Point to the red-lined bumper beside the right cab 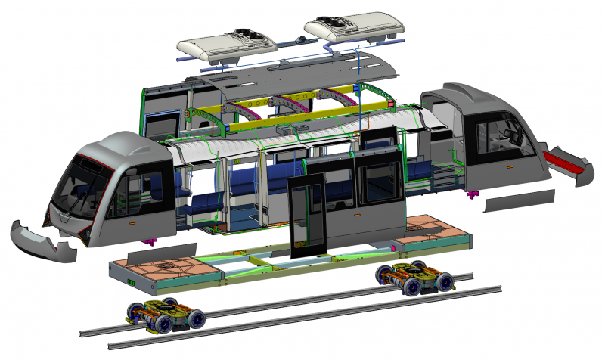click(569, 163)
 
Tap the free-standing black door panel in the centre click(307, 216)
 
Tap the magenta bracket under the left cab click(148, 241)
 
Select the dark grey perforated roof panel click(302, 72)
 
